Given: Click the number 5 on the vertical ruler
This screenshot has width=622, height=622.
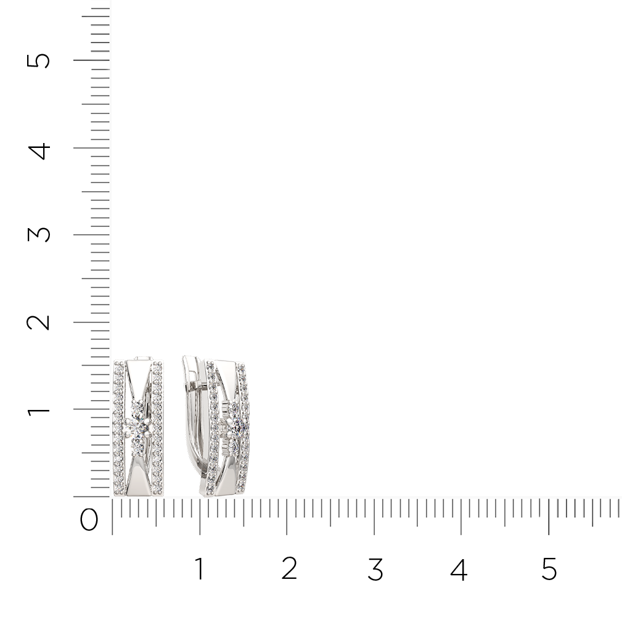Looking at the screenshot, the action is pyautogui.click(x=38, y=60).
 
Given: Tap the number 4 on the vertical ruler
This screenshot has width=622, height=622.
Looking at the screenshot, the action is pyautogui.click(x=39, y=151).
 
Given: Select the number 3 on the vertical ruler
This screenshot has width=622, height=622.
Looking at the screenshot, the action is pyautogui.click(x=38, y=234).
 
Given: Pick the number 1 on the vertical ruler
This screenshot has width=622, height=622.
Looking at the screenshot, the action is pyautogui.click(x=38, y=409).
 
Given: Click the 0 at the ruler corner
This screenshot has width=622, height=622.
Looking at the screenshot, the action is pyautogui.click(x=89, y=520).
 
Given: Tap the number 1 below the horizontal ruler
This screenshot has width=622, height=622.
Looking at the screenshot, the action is pyautogui.click(x=200, y=568).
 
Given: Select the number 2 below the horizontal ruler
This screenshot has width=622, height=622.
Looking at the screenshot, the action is pyautogui.click(x=289, y=568).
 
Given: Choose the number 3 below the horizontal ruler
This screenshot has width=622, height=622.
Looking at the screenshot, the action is pyautogui.click(x=375, y=569).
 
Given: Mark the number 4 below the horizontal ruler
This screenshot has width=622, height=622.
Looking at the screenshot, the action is pyautogui.click(x=459, y=569).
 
